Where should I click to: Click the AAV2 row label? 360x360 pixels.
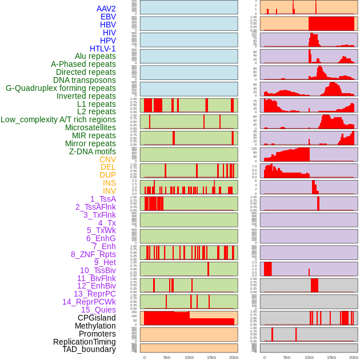tap(106, 9)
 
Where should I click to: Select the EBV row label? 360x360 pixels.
tap(108, 17)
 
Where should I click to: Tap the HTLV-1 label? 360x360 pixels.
tap(103, 49)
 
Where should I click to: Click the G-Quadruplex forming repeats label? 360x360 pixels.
tap(61, 88)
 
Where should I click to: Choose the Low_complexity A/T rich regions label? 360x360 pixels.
tap(58, 119)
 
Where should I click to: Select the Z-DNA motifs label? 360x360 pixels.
tap(93, 151)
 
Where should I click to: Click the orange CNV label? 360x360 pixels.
tap(107, 159)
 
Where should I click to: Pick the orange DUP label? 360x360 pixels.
tap(107, 175)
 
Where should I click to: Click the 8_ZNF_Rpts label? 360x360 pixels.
tap(93, 254)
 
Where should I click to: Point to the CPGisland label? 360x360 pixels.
tap(97, 318)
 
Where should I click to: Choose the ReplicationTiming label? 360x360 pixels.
tap(84, 342)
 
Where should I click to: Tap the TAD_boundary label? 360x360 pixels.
tap(89, 349)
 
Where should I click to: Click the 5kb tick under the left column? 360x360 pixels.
tap(167, 357)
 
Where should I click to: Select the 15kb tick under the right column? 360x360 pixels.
tap(331, 357)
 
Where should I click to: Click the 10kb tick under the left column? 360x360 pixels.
tap(189, 357)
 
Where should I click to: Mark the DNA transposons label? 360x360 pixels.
tap(85, 80)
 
